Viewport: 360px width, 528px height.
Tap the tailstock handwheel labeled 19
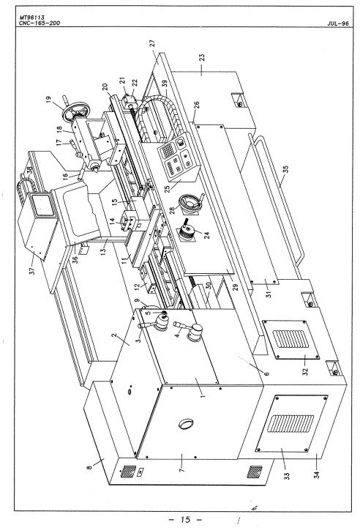pyautogui.click(x=73, y=113)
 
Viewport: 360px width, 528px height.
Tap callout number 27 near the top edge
pyautogui.click(x=152, y=43)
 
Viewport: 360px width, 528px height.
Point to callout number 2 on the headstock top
pyautogui.click(x=115, y=338)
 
